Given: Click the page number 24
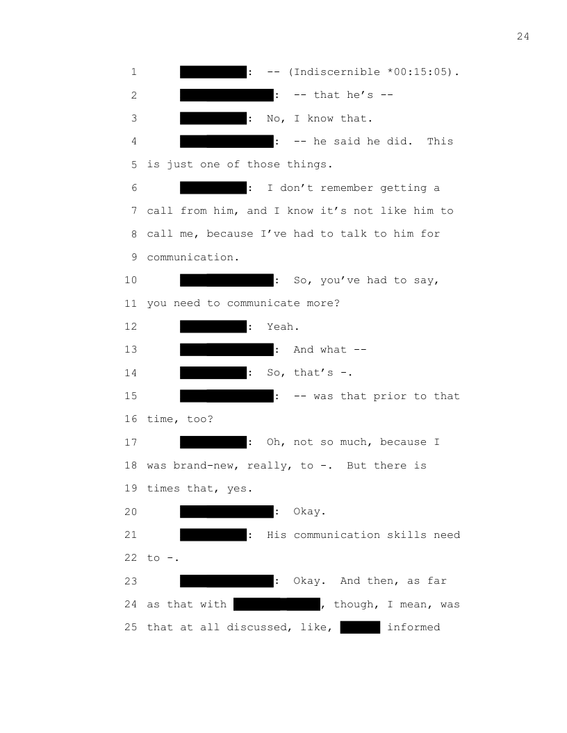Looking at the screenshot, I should pos(523,36).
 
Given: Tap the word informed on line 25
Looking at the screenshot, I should pos(413,627).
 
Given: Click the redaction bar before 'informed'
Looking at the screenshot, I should pos(360,627).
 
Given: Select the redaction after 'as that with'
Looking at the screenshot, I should pos(277,605).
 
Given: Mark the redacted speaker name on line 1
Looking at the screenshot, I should pos(213,72).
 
